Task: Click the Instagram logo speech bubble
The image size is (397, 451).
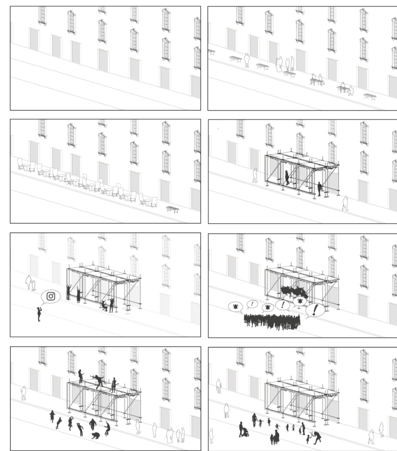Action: point(51,296)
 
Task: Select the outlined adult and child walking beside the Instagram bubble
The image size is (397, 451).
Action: point(30,282)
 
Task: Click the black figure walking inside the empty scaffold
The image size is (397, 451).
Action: point(287,177)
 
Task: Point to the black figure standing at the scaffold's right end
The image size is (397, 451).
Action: point(319,189)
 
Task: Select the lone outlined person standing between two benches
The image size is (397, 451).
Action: point(246,60)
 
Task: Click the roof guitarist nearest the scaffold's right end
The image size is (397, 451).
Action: point(114,385)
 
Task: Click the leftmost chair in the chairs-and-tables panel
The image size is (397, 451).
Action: point(20,163)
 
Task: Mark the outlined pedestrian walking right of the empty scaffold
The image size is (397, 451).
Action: point(345,203)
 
